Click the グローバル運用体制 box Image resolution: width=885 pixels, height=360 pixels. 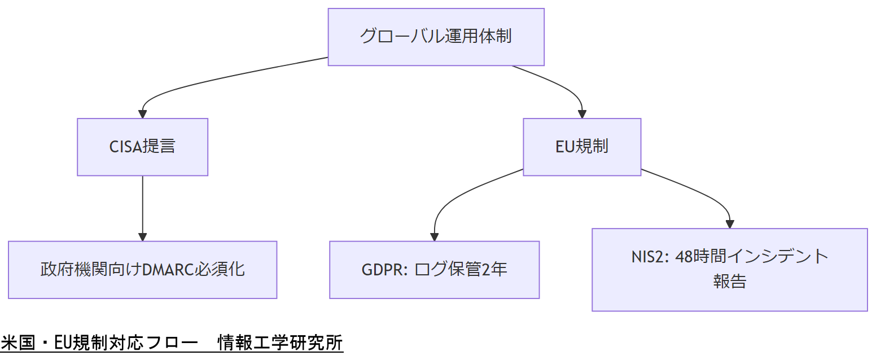(436, 37)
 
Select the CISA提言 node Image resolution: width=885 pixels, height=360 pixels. (142, 147)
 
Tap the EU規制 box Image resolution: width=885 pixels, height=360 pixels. (582, 147)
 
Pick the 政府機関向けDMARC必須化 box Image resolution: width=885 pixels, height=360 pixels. (142, 270)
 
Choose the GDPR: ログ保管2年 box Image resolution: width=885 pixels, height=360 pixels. (434, 270)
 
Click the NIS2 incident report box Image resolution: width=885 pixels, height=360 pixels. (729, 270)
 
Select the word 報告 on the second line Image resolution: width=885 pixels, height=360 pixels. (729, 282)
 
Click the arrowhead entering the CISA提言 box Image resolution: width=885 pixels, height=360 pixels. (142, 114)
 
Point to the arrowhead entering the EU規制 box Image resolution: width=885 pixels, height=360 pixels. (582, 114)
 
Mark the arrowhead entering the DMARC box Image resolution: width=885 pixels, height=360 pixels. (142, 237)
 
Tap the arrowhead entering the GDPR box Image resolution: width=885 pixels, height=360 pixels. (434, 237)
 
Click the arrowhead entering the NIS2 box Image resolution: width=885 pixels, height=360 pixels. (730, 224)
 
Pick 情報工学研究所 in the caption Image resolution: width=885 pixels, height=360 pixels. (280, 343)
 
